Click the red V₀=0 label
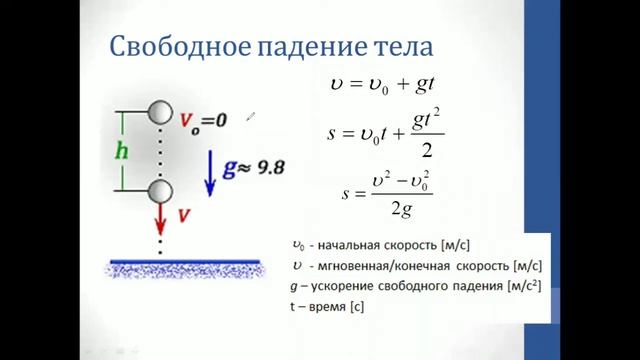click(204, 122)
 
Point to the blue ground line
click(186, 262)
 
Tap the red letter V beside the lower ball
click(184, 213)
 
